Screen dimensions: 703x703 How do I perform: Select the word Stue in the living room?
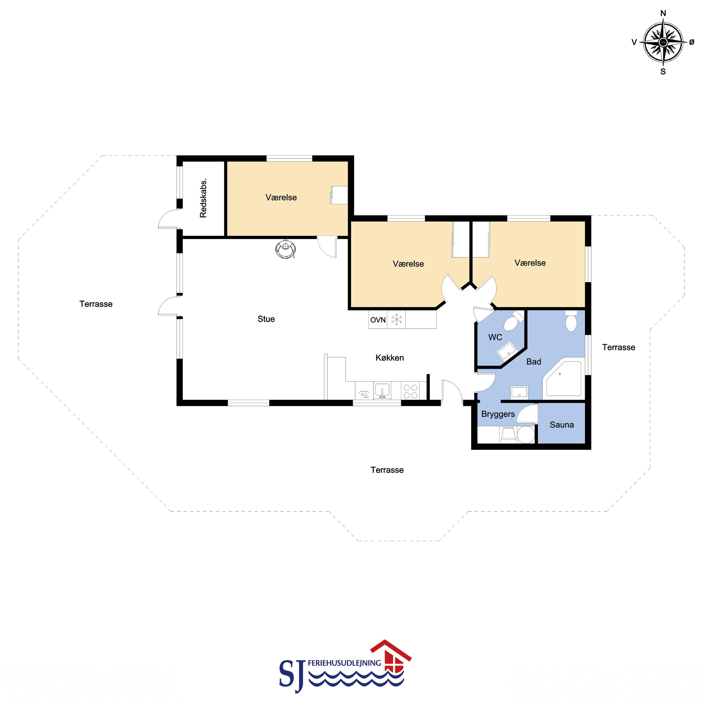pos(266,319)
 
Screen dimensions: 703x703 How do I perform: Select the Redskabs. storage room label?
pos(203,198)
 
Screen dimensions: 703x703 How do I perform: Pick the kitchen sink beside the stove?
pos(382,390)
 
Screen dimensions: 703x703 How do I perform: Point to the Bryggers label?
pos(498,414)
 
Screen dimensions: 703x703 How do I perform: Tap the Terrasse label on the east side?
pos(619,347)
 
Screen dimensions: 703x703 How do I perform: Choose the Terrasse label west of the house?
pos(96,304)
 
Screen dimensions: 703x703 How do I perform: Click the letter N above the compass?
pos(663,14)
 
